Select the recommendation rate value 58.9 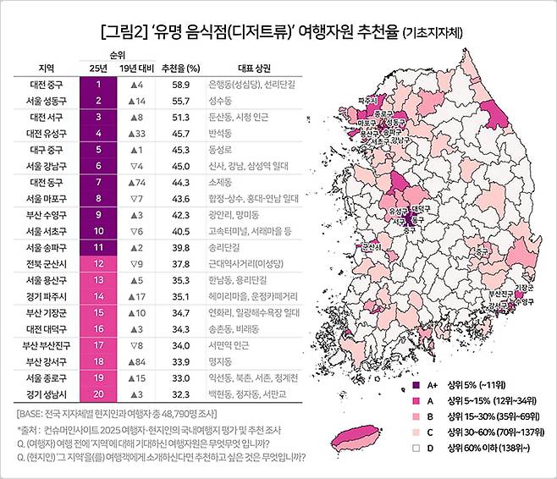pyautogui.click(x=174, y=85)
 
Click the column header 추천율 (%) pyautogui.click(x=174, y=69)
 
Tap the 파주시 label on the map pyautogui.click(x=368, y=100)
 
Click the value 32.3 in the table pyautogui.click(x=174, y=393)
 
